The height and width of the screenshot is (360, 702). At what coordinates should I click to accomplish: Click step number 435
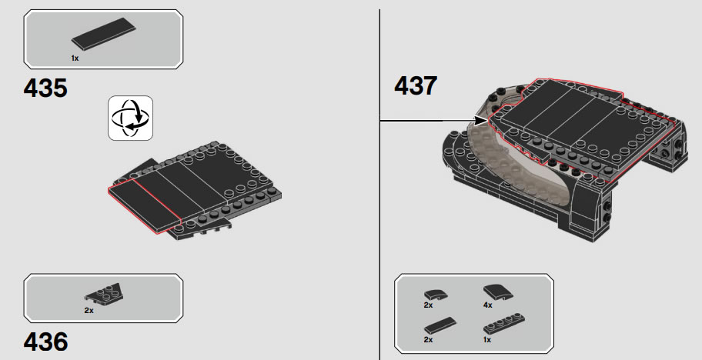coord(45,88)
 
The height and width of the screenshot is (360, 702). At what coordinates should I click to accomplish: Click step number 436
coord(45,342)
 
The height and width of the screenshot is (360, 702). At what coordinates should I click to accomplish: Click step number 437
coord(416,85)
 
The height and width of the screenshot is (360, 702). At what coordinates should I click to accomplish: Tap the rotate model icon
coord(130,118)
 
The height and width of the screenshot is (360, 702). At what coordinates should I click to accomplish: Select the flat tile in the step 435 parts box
coord(103,33)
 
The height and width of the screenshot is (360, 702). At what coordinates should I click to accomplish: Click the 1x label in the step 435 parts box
coord(75,58)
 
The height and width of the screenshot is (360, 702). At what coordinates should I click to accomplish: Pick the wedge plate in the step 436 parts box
coord(103,293)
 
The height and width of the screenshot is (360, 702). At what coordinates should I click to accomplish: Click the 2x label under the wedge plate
coord(89,310)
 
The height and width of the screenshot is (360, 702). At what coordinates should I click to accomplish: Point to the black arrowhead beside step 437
coord(481,120)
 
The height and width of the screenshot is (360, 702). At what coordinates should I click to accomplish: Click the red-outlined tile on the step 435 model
coord(144,206)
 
